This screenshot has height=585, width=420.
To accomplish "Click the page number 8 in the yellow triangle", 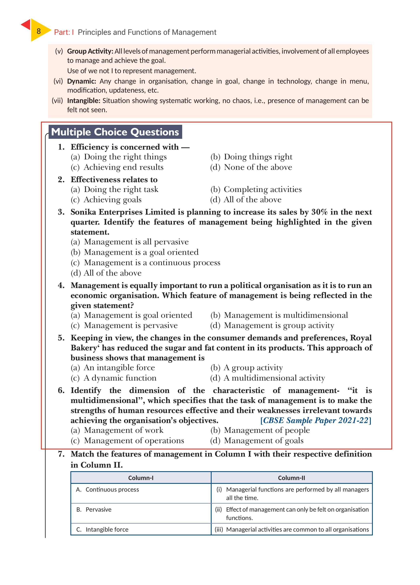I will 39,31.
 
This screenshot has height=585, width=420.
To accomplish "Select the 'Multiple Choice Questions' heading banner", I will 115,132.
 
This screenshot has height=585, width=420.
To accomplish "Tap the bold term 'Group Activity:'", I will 90,51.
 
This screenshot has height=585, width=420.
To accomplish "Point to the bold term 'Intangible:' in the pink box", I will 83,101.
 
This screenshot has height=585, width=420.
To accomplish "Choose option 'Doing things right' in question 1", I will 258,157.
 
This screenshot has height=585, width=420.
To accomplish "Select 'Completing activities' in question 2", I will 262,189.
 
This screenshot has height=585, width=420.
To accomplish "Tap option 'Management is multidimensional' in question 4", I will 286,315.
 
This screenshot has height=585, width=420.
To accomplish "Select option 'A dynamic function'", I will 120,378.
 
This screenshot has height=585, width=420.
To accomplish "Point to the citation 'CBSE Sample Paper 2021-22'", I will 316,420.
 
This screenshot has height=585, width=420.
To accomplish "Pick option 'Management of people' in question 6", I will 266,430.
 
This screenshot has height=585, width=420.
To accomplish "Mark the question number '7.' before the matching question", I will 61,454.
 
